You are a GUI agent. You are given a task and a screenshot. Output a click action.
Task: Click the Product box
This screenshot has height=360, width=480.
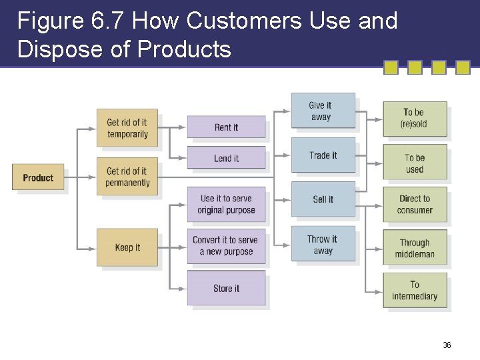[x=38, y=177]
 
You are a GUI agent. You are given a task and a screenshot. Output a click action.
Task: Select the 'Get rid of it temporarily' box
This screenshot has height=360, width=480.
[x=127, y=128]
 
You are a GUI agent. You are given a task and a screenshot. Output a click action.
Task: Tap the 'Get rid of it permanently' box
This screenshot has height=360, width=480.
[x=127, y=177]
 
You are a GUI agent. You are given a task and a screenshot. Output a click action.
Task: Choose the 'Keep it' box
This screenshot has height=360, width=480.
[x=127, y=247]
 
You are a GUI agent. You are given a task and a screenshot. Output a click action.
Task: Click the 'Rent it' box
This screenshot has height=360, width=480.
[x=226, y=127]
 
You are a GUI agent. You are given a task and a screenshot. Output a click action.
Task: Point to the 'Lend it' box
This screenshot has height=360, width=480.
[x=226, y=158]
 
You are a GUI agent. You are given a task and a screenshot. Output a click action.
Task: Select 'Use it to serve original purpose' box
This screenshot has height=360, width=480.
[x=226, y=204]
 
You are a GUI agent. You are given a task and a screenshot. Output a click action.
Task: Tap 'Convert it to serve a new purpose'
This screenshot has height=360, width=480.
[x=226, y=245]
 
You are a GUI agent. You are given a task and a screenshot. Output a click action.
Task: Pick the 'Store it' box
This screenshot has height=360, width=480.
[x=226, y=288]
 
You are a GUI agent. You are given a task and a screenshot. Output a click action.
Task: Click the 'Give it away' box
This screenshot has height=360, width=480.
[x=323, y=111]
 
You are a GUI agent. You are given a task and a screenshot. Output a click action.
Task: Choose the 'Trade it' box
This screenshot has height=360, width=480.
[x=323, y=155]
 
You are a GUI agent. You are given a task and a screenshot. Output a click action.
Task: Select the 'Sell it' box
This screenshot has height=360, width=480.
[x=323, y=199]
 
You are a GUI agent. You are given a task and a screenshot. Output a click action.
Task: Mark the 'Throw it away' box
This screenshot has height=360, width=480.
[x=323, y=245]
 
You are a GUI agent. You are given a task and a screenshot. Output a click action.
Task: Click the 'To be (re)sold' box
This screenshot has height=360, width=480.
[x=414, y=118]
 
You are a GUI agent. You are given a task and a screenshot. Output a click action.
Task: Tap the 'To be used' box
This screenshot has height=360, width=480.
[x=414, y=163]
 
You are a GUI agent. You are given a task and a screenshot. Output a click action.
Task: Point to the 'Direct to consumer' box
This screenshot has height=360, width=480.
[x=414, y=204]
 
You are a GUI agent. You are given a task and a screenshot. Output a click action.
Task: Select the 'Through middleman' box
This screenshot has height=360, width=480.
[x=414, y=248]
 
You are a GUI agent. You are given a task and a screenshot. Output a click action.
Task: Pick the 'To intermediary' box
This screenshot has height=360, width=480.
[x=414, y=290]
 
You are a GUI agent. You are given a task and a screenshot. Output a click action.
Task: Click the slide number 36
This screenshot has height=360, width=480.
[x=447, y=345]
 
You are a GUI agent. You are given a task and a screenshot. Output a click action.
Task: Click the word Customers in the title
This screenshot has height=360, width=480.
[x=245, y=21]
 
